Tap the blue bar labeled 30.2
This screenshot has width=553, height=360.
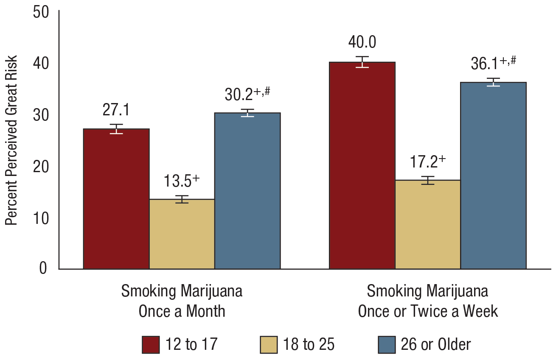[247, 191]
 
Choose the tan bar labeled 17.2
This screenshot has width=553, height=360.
[428, 224]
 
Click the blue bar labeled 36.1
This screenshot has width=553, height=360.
[493, 176]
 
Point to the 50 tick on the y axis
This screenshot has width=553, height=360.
[42, 11]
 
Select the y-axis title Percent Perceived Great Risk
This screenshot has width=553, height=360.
[12, 140]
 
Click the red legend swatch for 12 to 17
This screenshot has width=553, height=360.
[151, 344]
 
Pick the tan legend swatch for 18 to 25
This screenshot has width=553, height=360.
[268, 344]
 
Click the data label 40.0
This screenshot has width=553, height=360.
[362, 42]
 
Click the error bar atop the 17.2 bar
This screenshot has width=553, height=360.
[428, 180]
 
